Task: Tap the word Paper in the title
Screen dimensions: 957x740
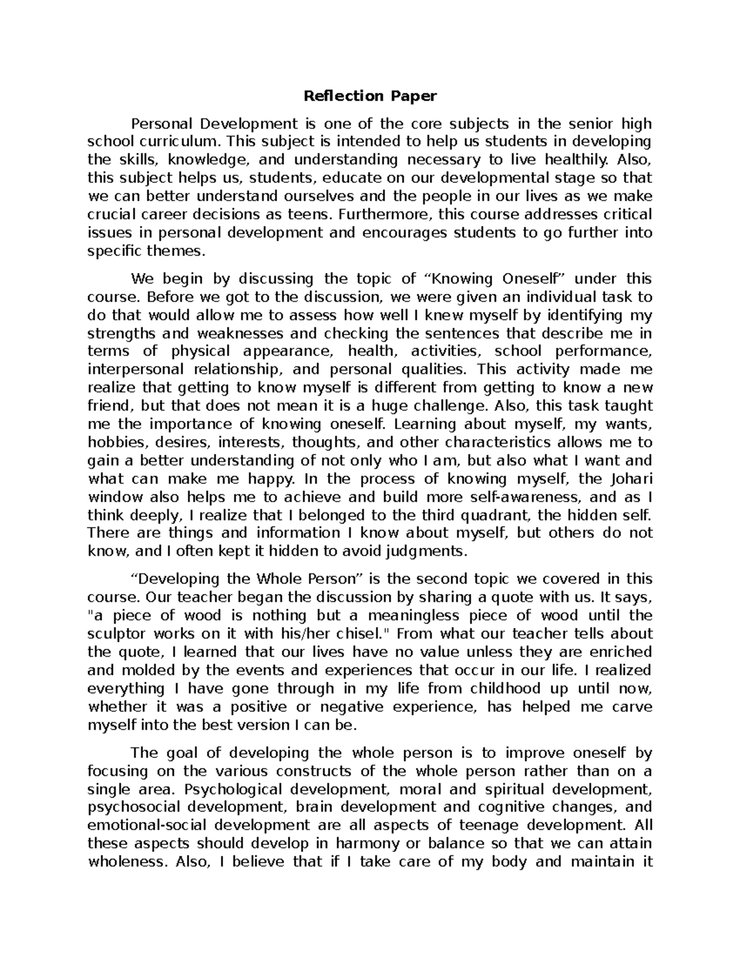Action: [413, 96]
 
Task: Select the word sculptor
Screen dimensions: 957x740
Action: [117, 633]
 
